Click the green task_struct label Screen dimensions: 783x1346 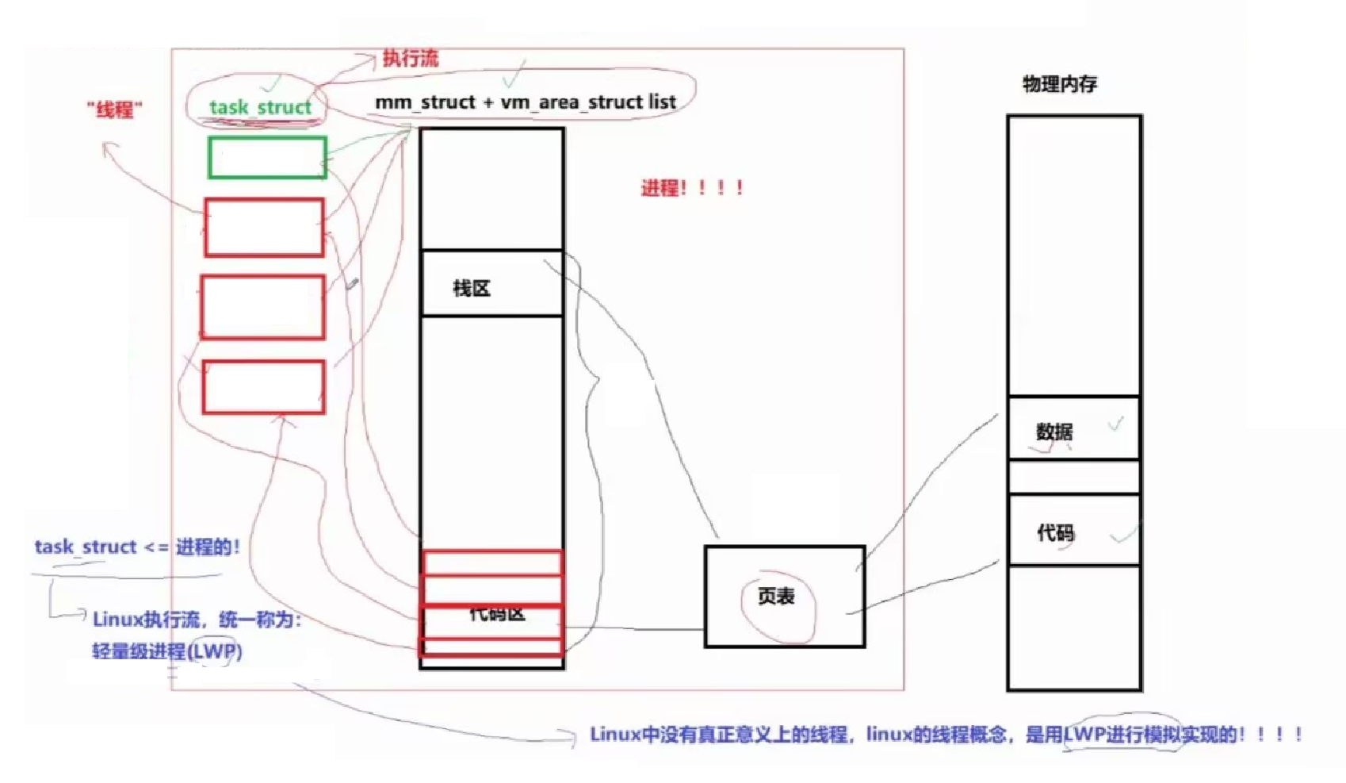[260, 107]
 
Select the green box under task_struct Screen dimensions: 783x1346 [267, 157]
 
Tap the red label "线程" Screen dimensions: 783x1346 [115, 109]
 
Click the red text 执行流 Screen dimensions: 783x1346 [410, 58]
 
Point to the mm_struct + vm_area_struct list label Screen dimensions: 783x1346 [525, 102]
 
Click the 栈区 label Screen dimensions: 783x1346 [472, 289]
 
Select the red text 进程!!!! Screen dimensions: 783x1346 [692, 188]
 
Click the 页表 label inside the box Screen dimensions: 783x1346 [776, 597]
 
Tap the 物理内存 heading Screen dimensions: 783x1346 [1060, 84]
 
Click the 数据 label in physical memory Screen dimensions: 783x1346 [1054, 432]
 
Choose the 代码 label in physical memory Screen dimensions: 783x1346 [1056, 533]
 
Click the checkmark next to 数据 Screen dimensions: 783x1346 [1116, 424]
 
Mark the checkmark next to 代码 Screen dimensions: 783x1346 [1126, 535]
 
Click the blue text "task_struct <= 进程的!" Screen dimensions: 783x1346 [136, 547]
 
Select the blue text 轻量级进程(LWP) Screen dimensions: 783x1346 [167, 652]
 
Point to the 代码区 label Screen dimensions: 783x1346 [496, 613]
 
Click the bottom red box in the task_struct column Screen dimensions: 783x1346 [264, 387]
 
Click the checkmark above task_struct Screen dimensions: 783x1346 [273, 82]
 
